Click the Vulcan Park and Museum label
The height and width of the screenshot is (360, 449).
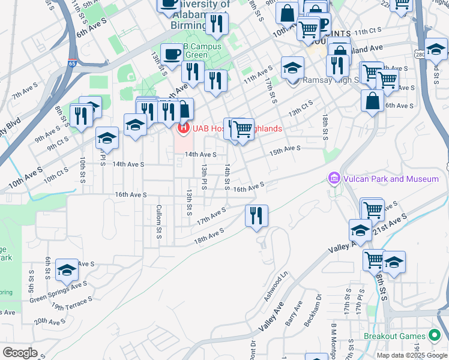391,179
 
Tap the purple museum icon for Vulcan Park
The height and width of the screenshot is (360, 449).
334,179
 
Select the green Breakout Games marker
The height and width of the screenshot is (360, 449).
435,336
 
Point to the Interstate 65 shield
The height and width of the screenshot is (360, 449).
73,62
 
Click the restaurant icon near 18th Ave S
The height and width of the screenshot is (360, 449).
257,215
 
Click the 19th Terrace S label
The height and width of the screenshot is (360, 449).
72,302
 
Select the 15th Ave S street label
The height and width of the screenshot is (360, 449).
285,149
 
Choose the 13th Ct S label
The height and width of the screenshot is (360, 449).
301,109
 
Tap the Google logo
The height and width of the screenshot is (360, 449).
20,352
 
